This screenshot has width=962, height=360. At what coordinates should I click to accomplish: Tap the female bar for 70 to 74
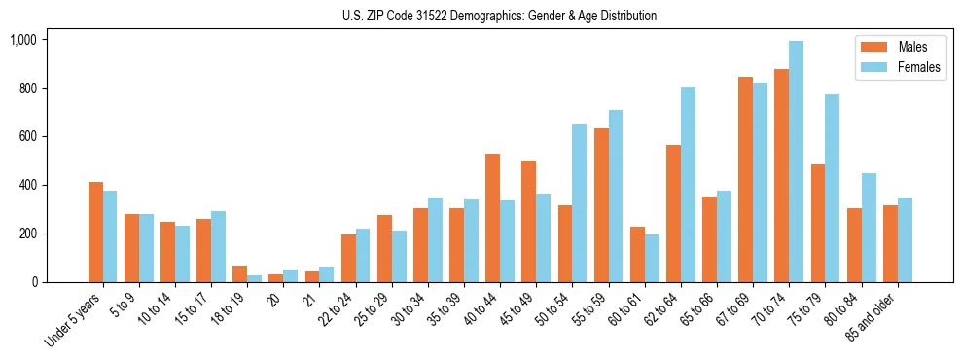796,162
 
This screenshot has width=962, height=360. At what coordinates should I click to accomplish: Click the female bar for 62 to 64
688,184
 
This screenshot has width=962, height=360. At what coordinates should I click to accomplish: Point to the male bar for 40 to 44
493,218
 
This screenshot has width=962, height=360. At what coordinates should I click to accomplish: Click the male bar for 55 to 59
601,205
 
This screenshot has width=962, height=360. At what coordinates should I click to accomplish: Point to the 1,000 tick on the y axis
23,40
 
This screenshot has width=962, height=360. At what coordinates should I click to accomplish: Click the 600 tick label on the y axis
27,137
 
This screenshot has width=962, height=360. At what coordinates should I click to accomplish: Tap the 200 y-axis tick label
27,234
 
